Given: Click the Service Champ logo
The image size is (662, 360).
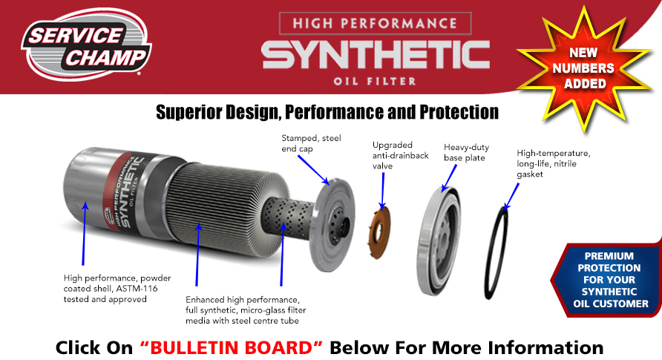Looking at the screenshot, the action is click(x=86, y=45).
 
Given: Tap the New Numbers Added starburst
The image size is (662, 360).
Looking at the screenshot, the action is click(x=584, y=68).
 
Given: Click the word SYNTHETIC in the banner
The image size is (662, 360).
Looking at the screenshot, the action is click(x=376, y=55).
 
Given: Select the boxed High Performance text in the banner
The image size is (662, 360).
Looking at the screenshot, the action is click(x=376, y=23).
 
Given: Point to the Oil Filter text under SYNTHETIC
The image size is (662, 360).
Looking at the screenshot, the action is click(x=375, y=81).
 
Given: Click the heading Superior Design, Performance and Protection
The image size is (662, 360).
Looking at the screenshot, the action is click(x=327, y=112).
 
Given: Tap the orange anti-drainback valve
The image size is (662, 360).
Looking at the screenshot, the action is click(x=379, y=232).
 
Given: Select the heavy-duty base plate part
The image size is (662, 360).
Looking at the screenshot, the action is click(x=439, y=240).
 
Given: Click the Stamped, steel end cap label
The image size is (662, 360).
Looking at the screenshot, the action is click(x=311, y=143).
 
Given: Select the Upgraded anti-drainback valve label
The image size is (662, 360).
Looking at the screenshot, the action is click(x=400, y=155).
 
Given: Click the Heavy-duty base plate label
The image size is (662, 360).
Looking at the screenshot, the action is click(x=466, y=152).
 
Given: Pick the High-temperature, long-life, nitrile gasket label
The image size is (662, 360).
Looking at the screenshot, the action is click(x=553, y=164).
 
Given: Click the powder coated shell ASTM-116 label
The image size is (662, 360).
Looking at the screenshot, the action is click(x=117, y=289).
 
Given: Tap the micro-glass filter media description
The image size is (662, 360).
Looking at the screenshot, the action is click(x=246, y=310).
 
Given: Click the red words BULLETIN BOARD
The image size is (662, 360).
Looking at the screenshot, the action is click(x=232, y=348).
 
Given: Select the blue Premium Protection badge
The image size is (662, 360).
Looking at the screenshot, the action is click(x=608, y=279).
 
